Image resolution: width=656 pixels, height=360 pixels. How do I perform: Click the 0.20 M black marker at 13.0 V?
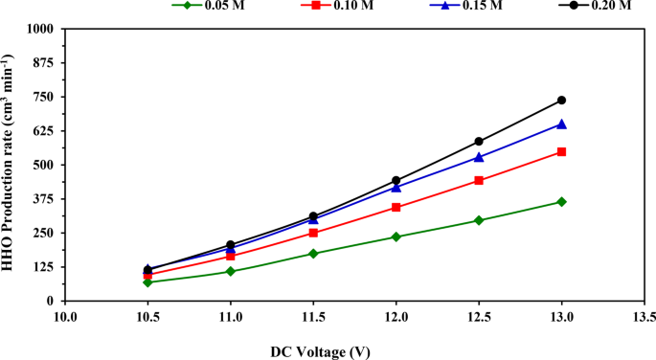click(x=561, y=101)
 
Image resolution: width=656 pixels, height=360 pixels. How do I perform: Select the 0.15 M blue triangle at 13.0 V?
click(x=561, y=124)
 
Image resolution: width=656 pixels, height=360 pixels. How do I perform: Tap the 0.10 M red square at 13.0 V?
click(x=561, y=151)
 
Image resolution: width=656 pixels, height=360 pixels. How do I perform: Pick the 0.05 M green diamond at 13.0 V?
click(x=561, y=202)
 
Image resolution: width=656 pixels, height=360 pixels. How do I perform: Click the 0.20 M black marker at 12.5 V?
click(x=479, y=142)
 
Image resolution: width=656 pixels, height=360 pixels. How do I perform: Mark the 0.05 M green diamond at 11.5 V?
click(x=313, y=254)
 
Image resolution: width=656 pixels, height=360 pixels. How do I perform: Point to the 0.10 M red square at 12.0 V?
click(x=396, y=207)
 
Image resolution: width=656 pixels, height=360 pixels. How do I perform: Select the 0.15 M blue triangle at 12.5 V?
click(x=479, y=157)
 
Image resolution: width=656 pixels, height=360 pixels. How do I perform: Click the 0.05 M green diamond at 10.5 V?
click(x=147, y=282)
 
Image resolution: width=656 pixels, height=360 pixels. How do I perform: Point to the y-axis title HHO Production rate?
click(x=11, y=165)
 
